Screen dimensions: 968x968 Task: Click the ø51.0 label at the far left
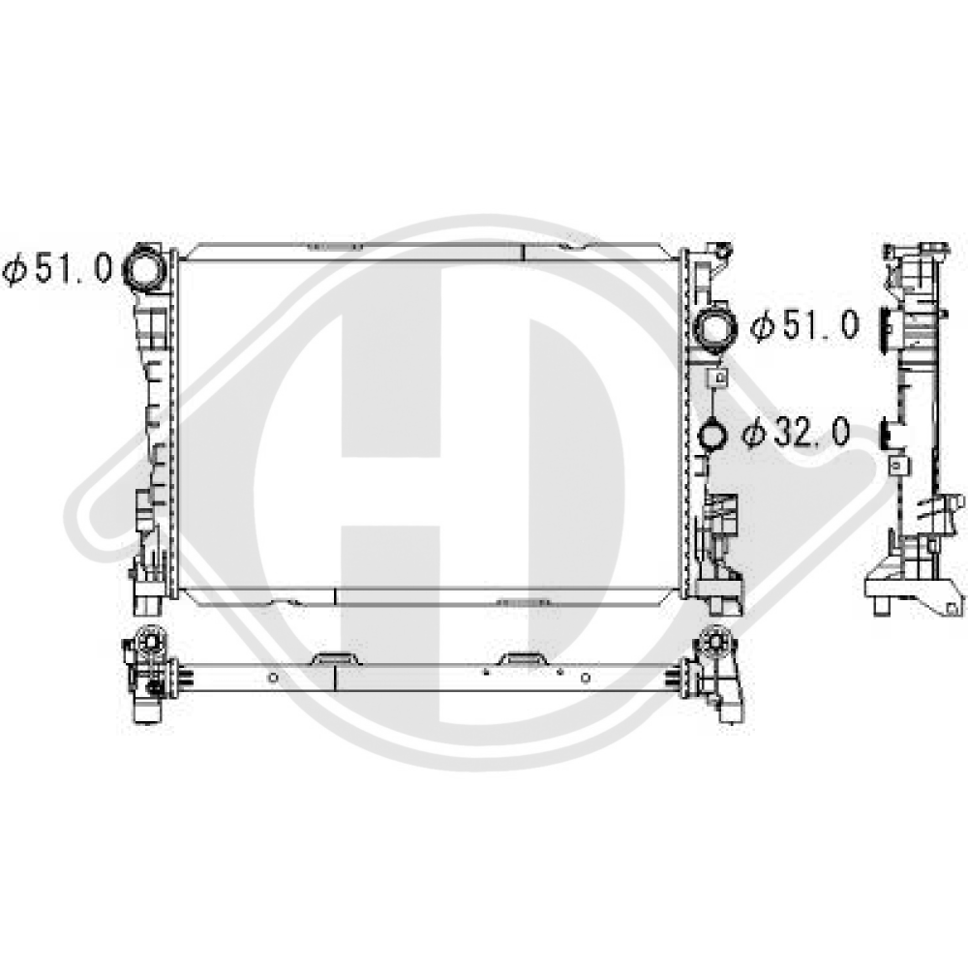57,270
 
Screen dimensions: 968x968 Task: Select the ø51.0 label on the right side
804,325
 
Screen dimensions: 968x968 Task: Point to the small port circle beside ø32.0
713,435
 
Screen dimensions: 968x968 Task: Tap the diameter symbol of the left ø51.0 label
15,270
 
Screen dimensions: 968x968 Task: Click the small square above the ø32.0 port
718,378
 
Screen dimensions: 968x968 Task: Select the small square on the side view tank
899,466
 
